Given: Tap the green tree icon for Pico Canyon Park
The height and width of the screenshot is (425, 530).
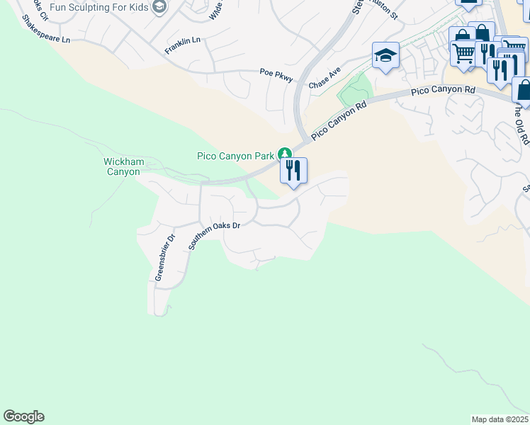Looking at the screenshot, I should pyautogui.click(x=285, y=154).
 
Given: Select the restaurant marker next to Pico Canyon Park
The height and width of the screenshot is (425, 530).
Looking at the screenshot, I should pyautogui.click(x=293, y=171).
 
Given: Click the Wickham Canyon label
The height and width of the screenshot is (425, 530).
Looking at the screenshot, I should pyautogui.click(x=124, y=166).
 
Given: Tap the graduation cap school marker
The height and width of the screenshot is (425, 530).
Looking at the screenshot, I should pyautogui.click(x=385, y=55).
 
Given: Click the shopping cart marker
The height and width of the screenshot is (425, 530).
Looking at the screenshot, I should pyautogui.click(x=463, y=53).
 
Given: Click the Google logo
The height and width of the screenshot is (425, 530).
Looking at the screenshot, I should pyautogui.click(x=23, y=416).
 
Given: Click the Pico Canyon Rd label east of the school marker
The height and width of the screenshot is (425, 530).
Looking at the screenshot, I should pyautogui.click(x=443, y=91).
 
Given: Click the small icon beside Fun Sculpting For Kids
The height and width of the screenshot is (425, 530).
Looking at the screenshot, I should pyautogui.click(x=159, y=7).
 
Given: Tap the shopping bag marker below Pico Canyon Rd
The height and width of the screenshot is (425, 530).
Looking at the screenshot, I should pyautogui.click(x=524, y=89).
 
